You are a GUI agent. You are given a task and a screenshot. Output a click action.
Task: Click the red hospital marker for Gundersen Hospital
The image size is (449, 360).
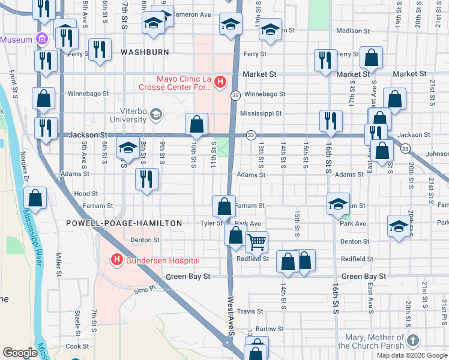[x=116, y=260]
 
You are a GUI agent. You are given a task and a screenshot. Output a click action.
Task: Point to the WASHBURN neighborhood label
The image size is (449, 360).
[x=145, y=52]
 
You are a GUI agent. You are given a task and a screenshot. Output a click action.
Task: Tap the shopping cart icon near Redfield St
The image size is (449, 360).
[x=256, y=242]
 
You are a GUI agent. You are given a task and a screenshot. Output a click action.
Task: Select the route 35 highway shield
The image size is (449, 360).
[x=236, y=95]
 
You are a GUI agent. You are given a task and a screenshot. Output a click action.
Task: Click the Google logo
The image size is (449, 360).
[x=19, y=353]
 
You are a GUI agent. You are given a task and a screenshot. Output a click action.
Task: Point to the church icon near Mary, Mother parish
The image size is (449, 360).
[x=412, y=340]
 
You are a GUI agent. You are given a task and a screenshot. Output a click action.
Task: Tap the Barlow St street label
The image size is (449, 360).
[x=270, y=329]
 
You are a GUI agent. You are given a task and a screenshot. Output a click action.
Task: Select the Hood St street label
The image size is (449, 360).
[x=86, y=194]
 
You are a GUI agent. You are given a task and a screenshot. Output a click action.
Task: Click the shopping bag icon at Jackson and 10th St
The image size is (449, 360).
[x=196, y=125]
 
